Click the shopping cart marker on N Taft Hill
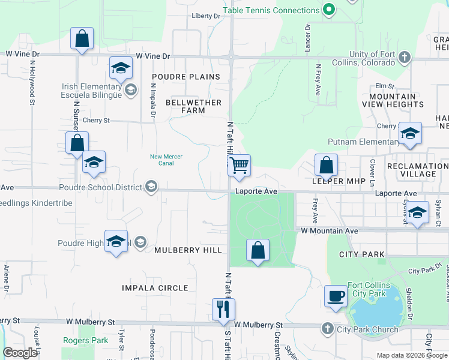click(x=239, y=165)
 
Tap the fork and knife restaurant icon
click(x=223, y=310)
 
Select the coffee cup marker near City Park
click(x=336, y=296)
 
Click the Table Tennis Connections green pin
click(x=328, y=10)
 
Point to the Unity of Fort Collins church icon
click(x=405, y=58)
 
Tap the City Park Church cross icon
click(x=328, y=329)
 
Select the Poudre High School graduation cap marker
click(x=116, y=241)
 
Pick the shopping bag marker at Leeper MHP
click(x=326, y=165)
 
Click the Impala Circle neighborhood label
click(x=155, y=288)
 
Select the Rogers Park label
click(x=86, y=340)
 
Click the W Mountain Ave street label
click(x=329, y=230)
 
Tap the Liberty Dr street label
click(x=206, y=16)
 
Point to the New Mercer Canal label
click(x=166, y=160)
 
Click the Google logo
click(x=20, y=352)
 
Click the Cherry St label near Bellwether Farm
click(x=97, y=120)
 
